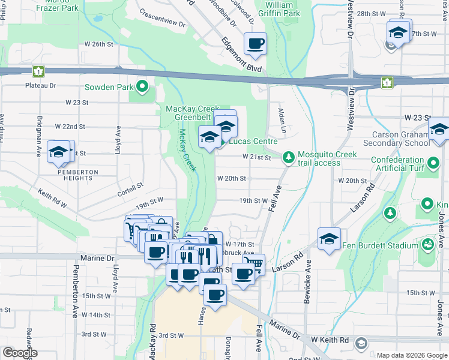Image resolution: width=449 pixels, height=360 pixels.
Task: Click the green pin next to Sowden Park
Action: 142,87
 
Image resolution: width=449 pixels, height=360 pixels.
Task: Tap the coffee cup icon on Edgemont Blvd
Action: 255,44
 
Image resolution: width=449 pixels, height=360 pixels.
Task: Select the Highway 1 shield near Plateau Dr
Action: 38,71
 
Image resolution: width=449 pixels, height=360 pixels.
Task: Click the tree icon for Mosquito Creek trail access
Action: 289,157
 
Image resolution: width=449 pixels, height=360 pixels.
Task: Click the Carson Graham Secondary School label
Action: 400,139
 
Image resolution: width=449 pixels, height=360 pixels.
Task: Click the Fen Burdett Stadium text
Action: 379,245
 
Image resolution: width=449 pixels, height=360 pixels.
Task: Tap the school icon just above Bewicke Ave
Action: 328,239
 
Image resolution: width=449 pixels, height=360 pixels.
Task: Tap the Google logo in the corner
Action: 19,352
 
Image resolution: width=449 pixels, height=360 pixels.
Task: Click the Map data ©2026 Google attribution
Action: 411,355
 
